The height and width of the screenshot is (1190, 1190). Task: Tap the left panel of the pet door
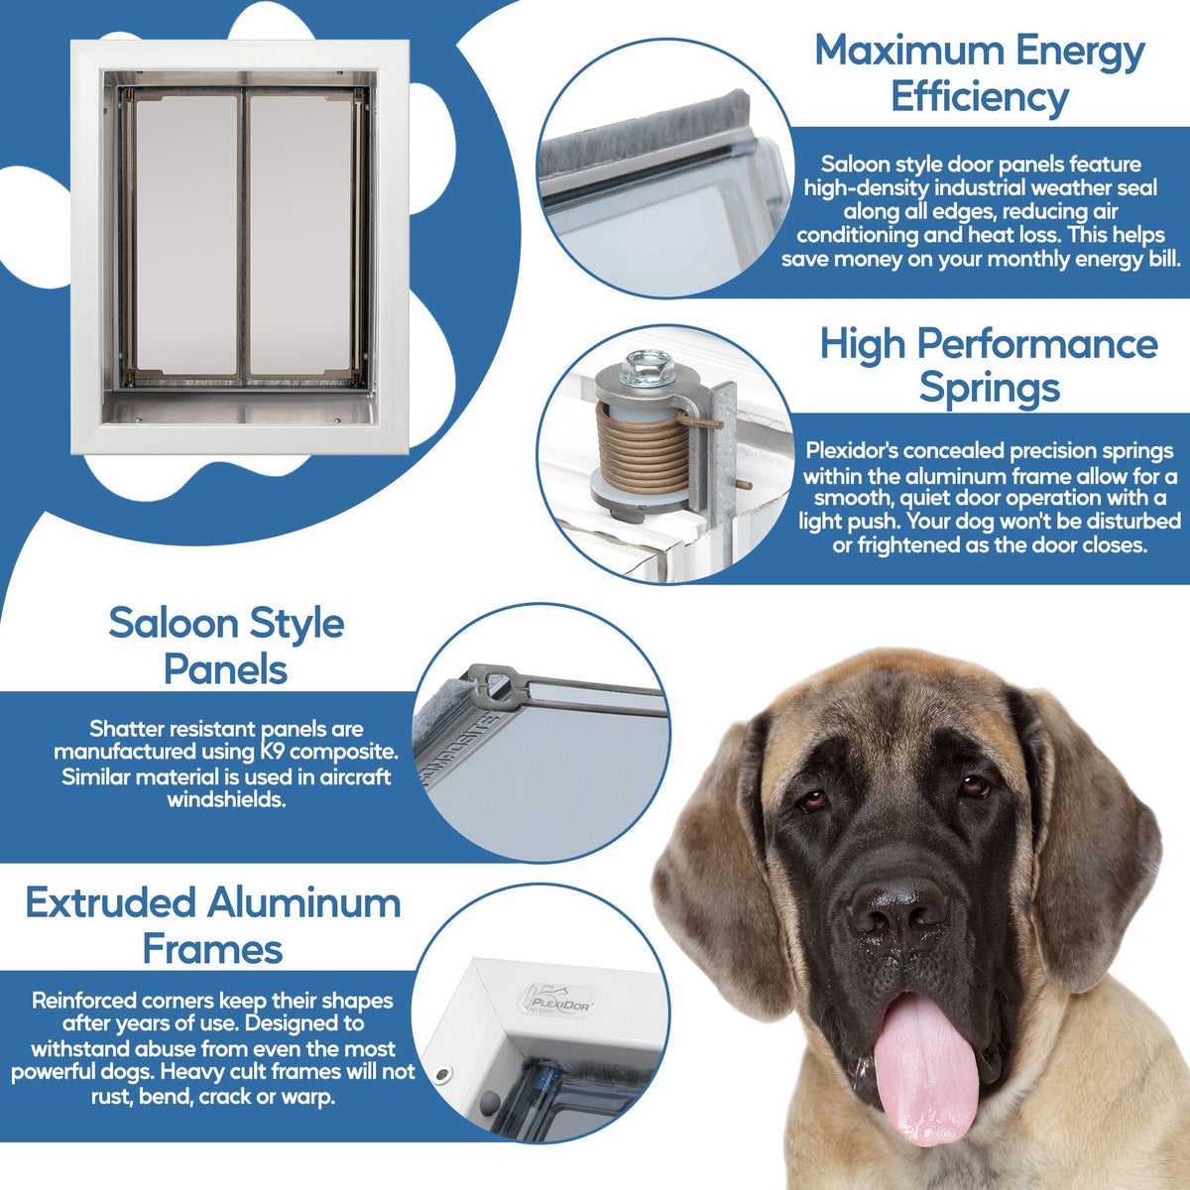(185, 235)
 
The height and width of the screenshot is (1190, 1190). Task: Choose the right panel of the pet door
(300, 235)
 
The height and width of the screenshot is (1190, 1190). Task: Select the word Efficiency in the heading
(980, 97)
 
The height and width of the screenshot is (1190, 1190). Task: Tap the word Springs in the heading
(989, 388)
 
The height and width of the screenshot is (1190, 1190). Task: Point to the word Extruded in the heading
(110, 902)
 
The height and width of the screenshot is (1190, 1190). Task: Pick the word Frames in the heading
(212, 950)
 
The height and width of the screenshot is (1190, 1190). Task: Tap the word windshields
(226, 800)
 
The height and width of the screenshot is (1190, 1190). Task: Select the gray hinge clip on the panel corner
(493, 683)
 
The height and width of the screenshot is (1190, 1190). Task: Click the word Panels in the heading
(225, 669)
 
